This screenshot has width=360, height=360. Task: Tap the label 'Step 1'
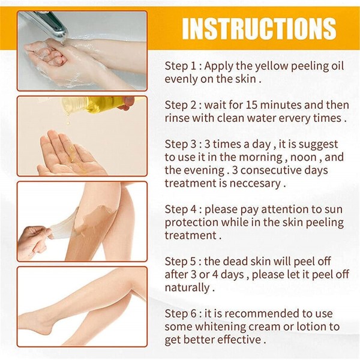tap(180, 66)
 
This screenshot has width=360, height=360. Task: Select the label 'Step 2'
tap(181, 105)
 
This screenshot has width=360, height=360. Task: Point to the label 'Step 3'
tap(181, 144)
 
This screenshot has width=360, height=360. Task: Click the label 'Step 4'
tap(181, 209)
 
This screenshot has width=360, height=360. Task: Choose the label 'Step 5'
tap(181, 261)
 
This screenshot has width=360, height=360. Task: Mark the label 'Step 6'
tap(181, 314)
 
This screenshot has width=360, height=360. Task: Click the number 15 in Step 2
tap(252, 105)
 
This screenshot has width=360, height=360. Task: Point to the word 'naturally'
tap(187, 287)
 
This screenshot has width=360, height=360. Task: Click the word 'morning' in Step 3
tap(260, 157)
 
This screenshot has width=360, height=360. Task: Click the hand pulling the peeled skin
tap(34, 241)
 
